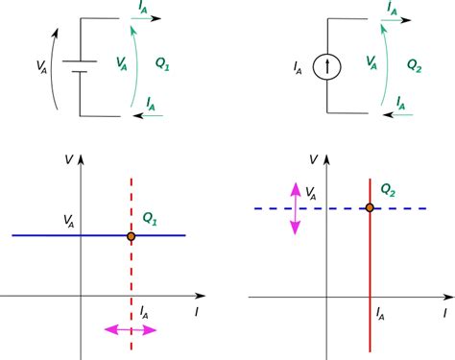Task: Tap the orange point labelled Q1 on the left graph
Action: (x=131, y=235)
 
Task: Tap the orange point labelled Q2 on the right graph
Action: (x=370, y=208)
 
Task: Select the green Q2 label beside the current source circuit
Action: (x=415, y=67)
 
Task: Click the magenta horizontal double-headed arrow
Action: (x=131, y=330)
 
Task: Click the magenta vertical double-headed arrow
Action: (x=295, y=208)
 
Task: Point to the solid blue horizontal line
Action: (x=58, y=235)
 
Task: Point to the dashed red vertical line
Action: (x=131, y=278)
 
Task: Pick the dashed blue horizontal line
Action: (x=422, y=208)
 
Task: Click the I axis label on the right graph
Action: (x=444, y=313)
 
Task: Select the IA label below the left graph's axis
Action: (x=145, y=311)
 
